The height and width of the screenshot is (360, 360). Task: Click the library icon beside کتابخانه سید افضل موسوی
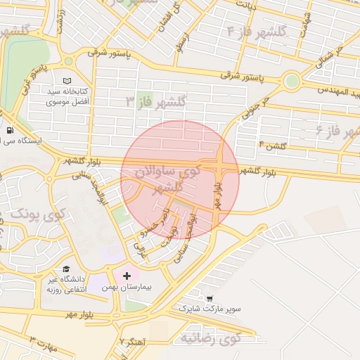pyautogui.click(x=67, y=82)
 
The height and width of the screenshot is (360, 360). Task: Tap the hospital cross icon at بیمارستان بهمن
pyautogui.click(x=127, y=276)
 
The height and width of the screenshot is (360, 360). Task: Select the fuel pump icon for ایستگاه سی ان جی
pyautogui.click(x=11, y=130)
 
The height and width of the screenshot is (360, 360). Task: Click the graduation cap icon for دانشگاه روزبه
pyautogui.click(x=66, y=269)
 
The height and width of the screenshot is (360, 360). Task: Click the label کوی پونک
pyautogui.click(x=39, y=212)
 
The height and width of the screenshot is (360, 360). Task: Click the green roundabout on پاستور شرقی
pyautogui.click(x=291, y=82)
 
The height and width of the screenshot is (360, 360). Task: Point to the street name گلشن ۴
pyautogui.click(x=272, y=146)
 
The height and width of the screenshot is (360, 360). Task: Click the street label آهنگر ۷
pyautogui.click(x=132, y=342)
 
